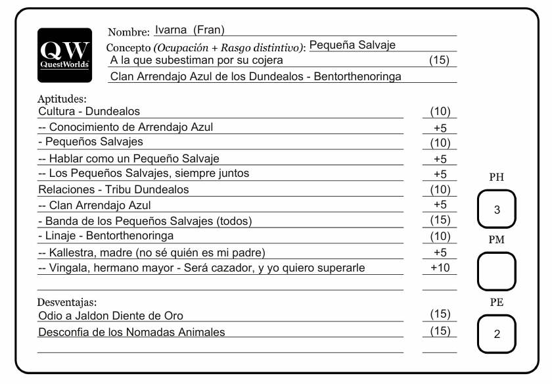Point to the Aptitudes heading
(x=58, y=99)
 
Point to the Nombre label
(x=129, y=31)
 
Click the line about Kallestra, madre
(x=155, y=252)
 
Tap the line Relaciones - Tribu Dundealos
(x=113, y=190)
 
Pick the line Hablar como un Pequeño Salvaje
(x=129, y=158)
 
